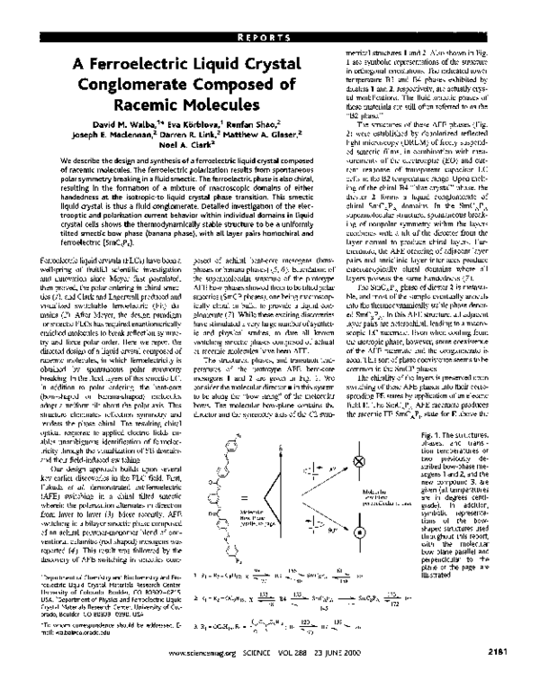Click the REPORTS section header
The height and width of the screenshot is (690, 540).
271,13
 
